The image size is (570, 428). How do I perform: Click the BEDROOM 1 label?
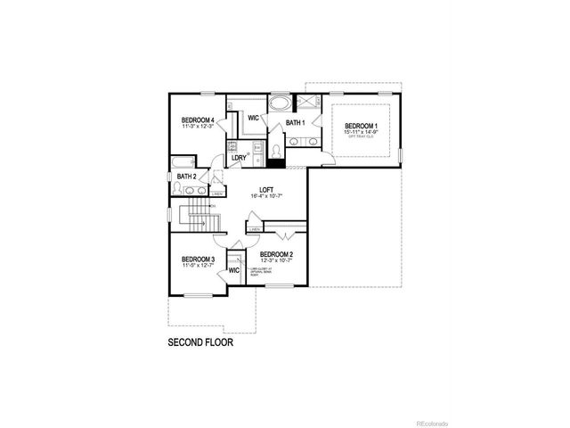tap(362, 127)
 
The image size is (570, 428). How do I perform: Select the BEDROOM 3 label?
tap(199, 259)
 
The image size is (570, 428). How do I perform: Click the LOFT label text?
tap(265, 189)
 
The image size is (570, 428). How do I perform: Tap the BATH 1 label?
tap(296, 122)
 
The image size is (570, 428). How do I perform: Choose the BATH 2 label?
tap(187, 177)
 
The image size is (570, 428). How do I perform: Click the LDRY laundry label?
tap(239, 158)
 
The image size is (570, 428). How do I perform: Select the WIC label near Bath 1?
tap(253, 118)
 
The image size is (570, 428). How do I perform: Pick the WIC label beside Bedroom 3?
tap(234, 269)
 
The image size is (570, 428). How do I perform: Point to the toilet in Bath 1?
tap(276, 151)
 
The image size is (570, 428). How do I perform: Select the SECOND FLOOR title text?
tap(201, 342)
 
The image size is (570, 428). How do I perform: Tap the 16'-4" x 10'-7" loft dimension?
tap(265, 196)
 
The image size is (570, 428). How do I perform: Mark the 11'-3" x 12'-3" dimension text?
tap(199, 128)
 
